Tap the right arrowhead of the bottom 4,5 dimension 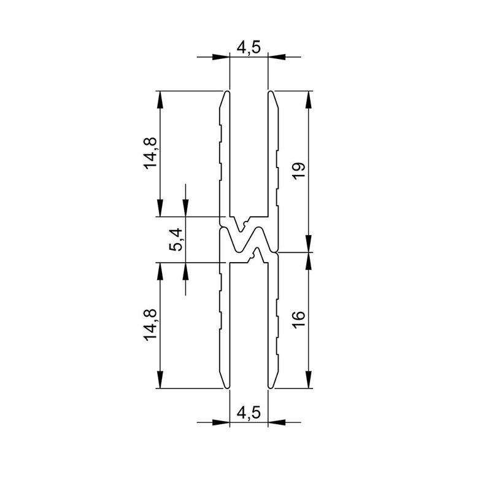(x=277, y=422)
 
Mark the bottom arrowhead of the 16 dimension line (x=308, y=381)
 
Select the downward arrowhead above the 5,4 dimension (x=185, y=209)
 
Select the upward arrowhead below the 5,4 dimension (x=185, y=270)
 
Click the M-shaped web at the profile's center (x=249, y=239)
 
